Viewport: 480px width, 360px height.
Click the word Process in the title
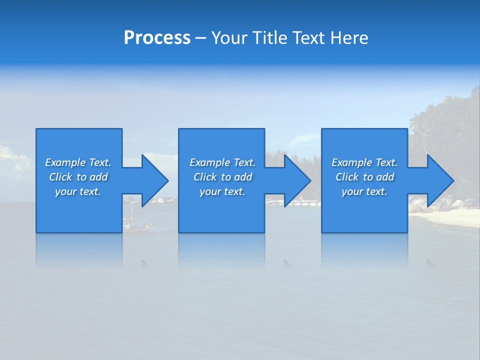click(x=157, y=38)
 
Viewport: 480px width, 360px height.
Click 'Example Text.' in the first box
click(x=78, y=162)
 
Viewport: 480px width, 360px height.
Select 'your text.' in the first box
click(x=78, y=191)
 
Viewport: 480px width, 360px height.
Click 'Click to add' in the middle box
click(x=222, y=177)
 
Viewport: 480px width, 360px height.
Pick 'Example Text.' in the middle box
click(x=222, y=162)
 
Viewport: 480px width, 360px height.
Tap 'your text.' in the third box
click(x=364, y=191)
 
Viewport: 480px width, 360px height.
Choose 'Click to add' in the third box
click(x=364, y=177)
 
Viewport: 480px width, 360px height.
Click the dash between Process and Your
click(x=200, y=38)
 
